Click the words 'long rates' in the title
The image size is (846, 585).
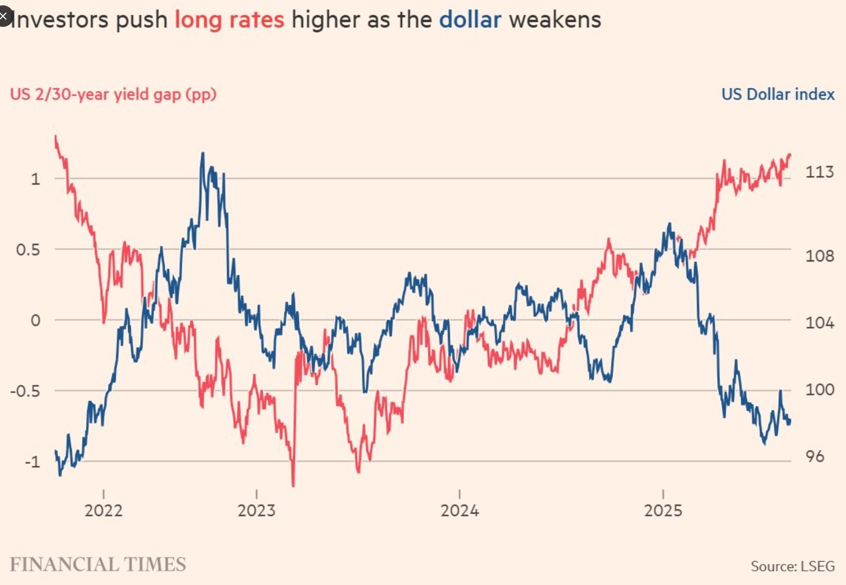[229, 21]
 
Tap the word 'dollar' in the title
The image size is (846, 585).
[470, 21]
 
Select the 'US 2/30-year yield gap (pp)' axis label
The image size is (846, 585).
[113, 94]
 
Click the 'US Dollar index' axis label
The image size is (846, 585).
[778, 94]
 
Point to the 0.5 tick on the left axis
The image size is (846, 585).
[28, 250]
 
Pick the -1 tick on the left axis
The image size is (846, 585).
[32, 461]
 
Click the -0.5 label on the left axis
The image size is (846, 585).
[25, 391]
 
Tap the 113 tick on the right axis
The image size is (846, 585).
[819, 172]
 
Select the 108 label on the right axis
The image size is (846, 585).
[819, 255]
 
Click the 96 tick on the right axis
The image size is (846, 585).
[815, 457]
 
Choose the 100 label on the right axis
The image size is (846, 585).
[819, 390]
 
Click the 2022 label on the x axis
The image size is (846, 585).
[103, 511]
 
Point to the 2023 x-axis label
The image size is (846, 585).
[256, 511]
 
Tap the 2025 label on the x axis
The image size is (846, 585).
[663, 511]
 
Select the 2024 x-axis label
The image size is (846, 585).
[459, 511]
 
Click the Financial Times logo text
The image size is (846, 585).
[98, 564]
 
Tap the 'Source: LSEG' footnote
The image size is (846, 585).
[792, 566]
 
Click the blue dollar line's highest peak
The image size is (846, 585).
[203, 153]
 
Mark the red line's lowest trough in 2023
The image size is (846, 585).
[293, 485]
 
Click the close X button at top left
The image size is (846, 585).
[4, 17]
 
